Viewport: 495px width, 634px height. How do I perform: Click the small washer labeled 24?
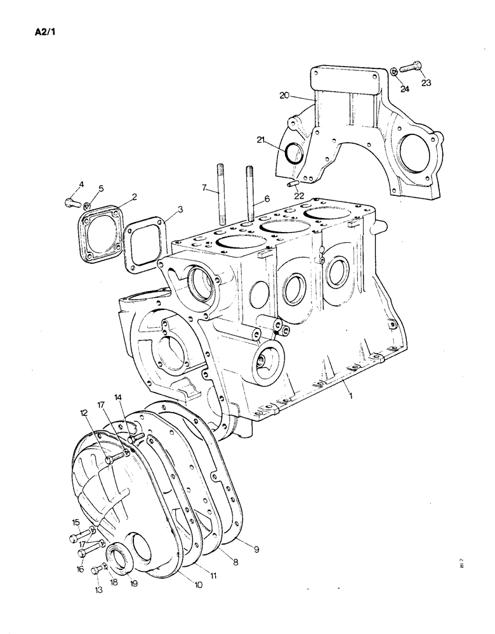coord(394,71)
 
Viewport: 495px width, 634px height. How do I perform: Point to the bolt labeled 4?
coord(69,202)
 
